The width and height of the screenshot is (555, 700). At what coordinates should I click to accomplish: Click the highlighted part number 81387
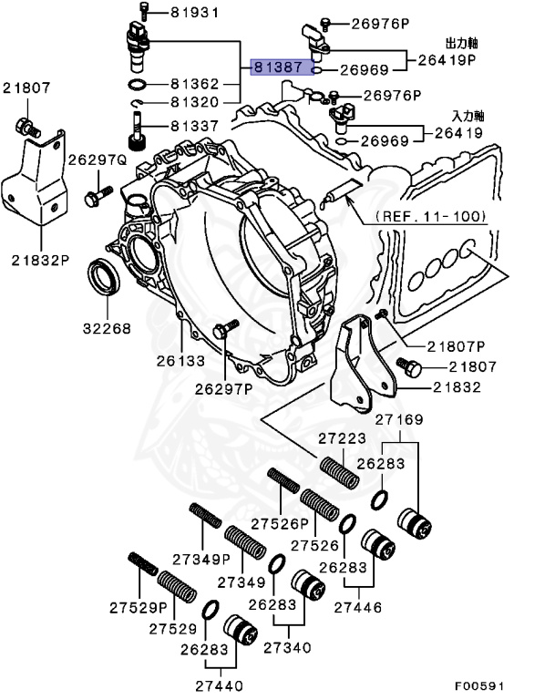click(281, 68)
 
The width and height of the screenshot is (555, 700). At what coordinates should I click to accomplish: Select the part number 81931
click(195, 12)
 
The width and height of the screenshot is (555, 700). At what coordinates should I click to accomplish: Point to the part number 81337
click(195, 125)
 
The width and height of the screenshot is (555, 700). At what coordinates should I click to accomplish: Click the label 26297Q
click(101, 159)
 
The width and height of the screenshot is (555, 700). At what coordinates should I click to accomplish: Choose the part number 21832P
click(41, 259)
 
